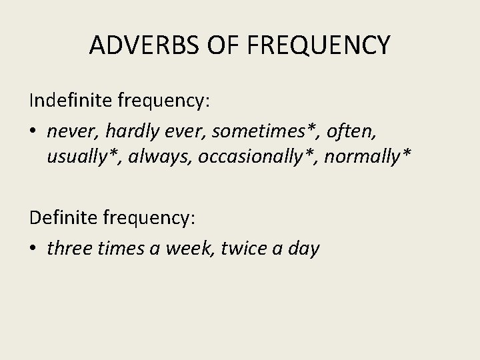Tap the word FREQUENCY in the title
[x=319, y=45]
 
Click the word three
[x=68, y=248]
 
